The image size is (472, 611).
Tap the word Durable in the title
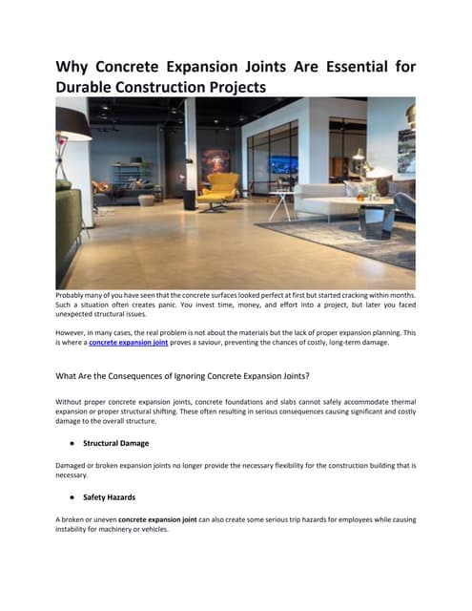pyautogui.click(x=91, y=88)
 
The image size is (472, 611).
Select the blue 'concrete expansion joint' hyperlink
pyautogui.click(x=129, y=341)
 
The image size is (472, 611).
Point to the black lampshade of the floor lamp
pyautogui.click(x=72, y=123)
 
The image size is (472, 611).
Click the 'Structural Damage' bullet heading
pyautogui.click(x=115, y=443)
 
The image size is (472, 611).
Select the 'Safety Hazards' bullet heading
pyautogui.click(x=111, y=497)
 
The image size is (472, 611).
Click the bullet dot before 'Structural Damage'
pyautogui.click(x=72, y=444)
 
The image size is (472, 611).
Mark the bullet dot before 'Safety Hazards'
pyautogui.click(x=72, y=498)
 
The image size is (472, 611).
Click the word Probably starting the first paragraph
pyautogui.click(x=73, y=296)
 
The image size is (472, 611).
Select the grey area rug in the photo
pyautogui.click(x=353, y=239)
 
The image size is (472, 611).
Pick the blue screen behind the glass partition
pyautogui.click(x=284, y=164)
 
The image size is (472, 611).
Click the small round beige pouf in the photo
pyautogui.click(x=146, y=200)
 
